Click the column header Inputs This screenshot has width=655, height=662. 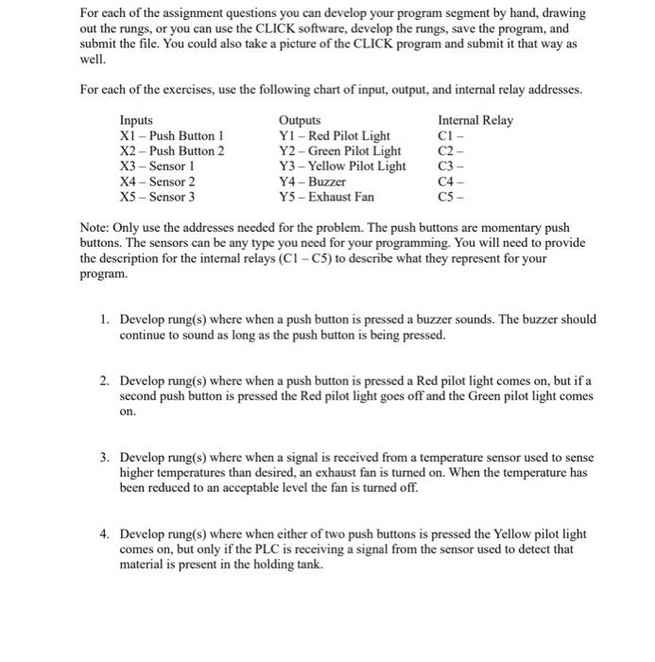tap(138, 121)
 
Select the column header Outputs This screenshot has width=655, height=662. tap(300, 121)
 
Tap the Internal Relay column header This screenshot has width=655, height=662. tap(475, 121)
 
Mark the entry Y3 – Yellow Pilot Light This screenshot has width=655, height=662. tap(342, 166)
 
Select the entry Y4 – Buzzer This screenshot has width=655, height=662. tap(312, 182)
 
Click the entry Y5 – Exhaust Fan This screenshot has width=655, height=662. tap(326, 197)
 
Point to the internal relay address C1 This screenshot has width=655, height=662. tap(448, 136)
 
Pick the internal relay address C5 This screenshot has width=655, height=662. tap(448, 197)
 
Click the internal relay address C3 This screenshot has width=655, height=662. tap(448, 166)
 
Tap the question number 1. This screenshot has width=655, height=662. tap(104, 320)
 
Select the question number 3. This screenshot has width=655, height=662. tap(104, 458)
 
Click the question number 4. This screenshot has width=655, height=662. tap(104, 534)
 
